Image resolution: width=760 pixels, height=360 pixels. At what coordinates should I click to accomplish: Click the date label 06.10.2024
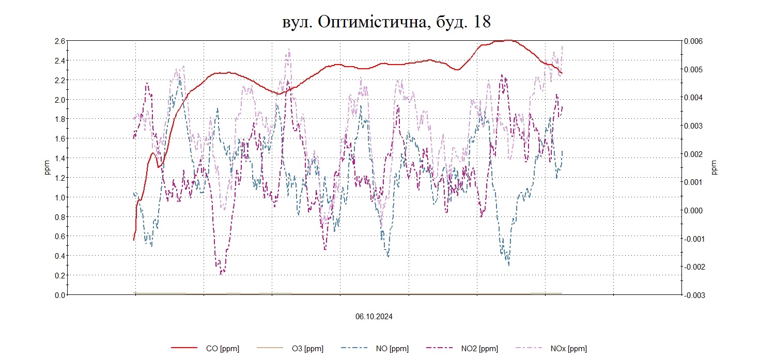click(x=374, y=317)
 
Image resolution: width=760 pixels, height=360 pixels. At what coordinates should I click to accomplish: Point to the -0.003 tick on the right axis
click(x=693, y=295)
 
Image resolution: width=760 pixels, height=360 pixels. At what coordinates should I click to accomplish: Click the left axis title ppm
click(x=47, y=168)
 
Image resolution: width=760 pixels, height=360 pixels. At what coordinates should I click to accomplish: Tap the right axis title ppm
click(x=715, y=168)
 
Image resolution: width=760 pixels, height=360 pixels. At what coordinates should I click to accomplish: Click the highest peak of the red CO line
click(x=508, y=40)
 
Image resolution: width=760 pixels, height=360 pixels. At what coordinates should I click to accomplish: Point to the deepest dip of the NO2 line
click(x=221, y=273)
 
